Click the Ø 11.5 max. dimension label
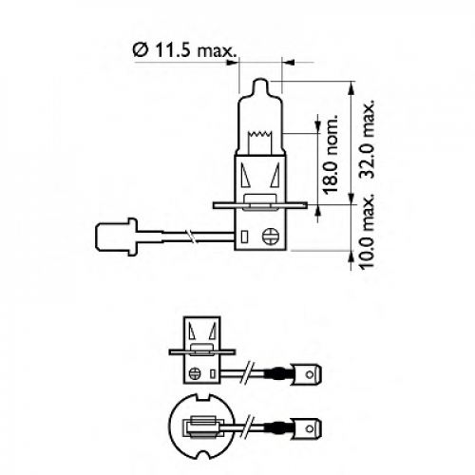185,50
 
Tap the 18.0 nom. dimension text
330,154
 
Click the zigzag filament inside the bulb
260,134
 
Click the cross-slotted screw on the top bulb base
271,236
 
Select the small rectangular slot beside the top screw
244,237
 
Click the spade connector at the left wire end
116,237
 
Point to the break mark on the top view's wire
190,237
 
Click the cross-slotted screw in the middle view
195,373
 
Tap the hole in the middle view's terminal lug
309,374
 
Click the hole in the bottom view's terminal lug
309,428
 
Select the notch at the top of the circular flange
203,396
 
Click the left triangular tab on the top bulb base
245,175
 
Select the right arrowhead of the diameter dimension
288,63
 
